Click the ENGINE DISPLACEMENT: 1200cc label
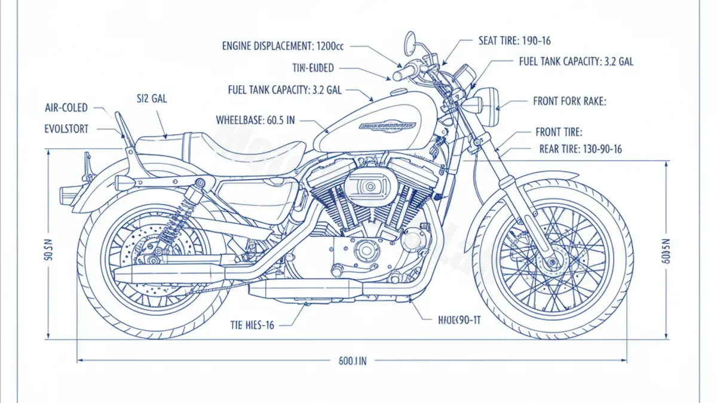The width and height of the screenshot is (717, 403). (x=277, y=45)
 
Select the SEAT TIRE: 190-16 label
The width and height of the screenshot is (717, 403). (x=514, y=41)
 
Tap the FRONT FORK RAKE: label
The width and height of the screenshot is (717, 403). (x=569, y=101)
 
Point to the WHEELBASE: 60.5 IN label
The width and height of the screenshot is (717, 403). (x=255, y=120)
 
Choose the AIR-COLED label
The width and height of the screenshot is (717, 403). (x=66, y=108)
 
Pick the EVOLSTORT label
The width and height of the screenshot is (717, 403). (x=66, y=128)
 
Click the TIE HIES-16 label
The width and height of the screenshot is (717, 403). (x=252, y=325)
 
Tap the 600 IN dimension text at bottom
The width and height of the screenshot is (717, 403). (x=352, y=361)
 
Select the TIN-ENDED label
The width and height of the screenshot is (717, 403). (x=313, y=67)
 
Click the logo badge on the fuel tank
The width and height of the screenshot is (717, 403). (x=387, y=126)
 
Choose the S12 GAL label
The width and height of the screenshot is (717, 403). (x=151, y=99)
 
